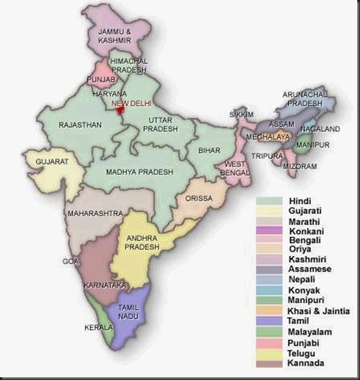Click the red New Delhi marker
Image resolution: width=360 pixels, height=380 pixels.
[x=120, y=108]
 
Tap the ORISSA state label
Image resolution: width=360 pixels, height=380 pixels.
[x=199, y=198]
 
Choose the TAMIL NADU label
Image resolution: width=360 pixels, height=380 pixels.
[x=130, y=314]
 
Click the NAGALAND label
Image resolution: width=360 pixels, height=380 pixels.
[x=320, y=129]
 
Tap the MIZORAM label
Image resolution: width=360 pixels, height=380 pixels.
[x=300, y=166]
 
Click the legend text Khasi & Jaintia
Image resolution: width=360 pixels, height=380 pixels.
[x=319, y=311]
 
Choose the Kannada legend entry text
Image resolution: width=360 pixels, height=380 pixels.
[x=306, y=363]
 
